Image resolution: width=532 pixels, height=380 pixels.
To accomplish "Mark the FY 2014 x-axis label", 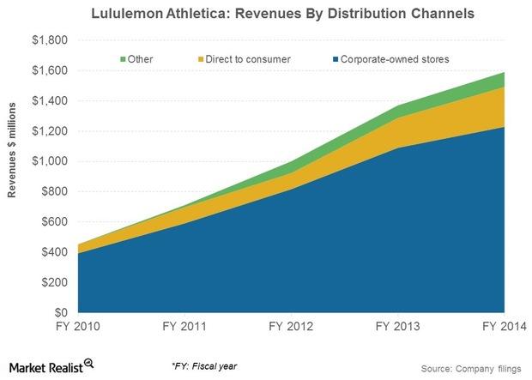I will (x=503, y=327).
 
